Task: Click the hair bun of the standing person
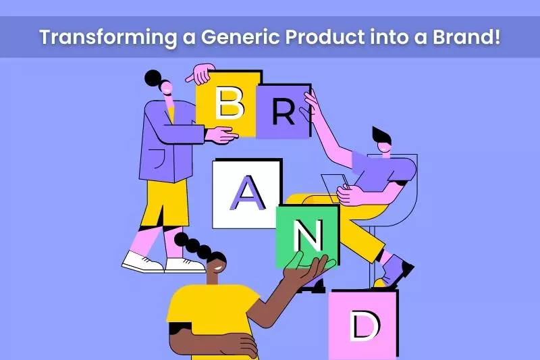tap(154, 78)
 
